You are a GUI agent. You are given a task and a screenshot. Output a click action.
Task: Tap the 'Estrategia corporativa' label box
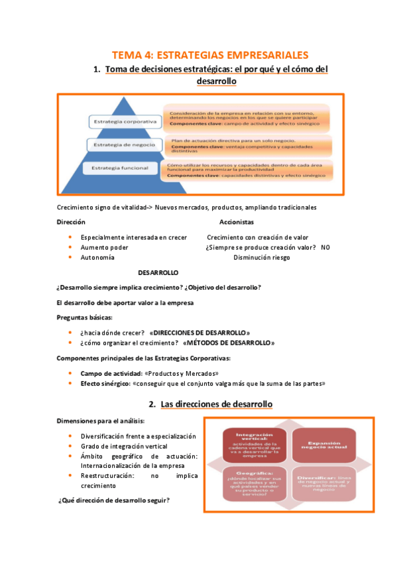click(x=125, y=122)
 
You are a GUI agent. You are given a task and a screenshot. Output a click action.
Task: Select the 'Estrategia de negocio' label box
click(x=125, y=144)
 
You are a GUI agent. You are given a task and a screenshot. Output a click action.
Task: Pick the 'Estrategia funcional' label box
click(x=125, y=168)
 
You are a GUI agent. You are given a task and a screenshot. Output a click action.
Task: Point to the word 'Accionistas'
click(x=237, y=223)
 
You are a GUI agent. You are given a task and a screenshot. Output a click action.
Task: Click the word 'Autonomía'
click(x=97, y=257)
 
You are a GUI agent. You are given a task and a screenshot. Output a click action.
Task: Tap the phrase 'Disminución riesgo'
click(x=262, y=257)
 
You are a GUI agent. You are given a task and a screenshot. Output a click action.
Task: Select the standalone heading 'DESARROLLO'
click(x=158, y=272)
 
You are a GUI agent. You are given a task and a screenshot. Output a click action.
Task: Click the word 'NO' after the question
click(x=325, y=247)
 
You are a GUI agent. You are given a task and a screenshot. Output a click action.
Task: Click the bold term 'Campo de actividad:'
click(x=105, y=373)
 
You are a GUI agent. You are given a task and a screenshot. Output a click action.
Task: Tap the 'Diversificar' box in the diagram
click(x=323, y=485)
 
